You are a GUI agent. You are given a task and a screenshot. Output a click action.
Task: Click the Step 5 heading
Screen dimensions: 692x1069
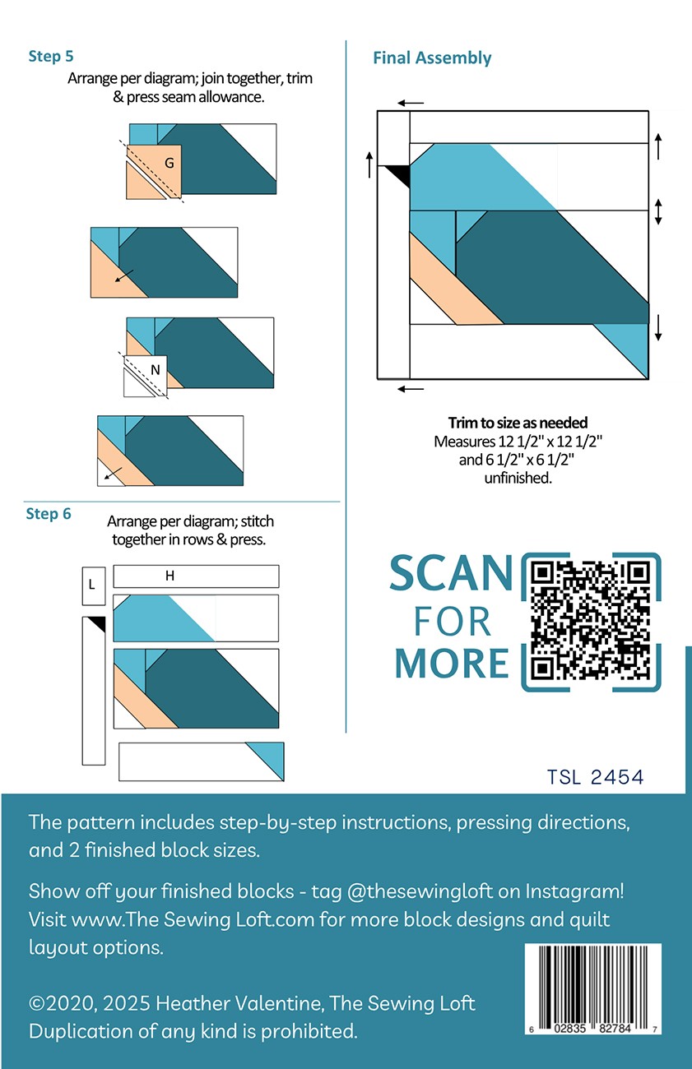pyautogui.click(x=51, y=56)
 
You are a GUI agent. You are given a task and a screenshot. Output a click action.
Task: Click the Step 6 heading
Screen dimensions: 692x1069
pyautogui.click(x=49, y=513)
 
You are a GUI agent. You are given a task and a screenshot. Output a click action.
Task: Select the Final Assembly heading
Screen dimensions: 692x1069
pyautogui.click(x=432, y=58)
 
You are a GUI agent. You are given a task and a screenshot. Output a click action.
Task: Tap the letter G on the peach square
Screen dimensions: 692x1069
pyautogui.click(x=169, y=163)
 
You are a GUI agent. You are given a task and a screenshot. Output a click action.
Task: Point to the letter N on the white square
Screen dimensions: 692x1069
pyautogui.click(x=156, y=369)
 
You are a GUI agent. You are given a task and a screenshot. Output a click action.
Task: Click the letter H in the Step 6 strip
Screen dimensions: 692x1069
pyautogui.click(x=170, y=576)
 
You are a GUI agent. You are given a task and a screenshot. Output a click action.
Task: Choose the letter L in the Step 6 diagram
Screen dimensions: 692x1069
pyautogui.click(x=91, y=584)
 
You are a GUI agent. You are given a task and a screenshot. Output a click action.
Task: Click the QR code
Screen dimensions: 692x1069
pyautogui.click(x=591, y=622)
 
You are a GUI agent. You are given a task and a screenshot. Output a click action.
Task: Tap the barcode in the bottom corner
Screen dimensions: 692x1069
pyautogui.click(x=593, y=989)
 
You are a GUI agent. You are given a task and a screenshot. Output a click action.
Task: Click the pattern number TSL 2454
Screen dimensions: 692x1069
pyautogui.click(x=595, y=777)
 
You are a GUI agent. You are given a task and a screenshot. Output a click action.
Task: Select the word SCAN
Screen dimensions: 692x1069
pyautogui.click(x=451, y=573)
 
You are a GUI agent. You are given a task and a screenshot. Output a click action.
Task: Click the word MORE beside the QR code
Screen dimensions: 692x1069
pyautogui.click(x=452, y=664)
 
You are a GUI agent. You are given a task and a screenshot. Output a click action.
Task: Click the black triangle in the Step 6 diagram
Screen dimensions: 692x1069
pyautogui.click(x=97, y=624)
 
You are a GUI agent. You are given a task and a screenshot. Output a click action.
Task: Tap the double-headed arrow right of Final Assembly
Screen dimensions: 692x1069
pyautogui.click(x=658, y=212)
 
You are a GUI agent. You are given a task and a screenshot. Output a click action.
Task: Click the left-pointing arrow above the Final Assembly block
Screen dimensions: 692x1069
pyautogui.click(x=411, y=103)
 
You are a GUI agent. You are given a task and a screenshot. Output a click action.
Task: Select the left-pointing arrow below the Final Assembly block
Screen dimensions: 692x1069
pyautogui.click(x=411, y=390)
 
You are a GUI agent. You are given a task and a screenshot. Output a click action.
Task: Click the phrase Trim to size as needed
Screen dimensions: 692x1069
pyautogui.click(x=518, y=423)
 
